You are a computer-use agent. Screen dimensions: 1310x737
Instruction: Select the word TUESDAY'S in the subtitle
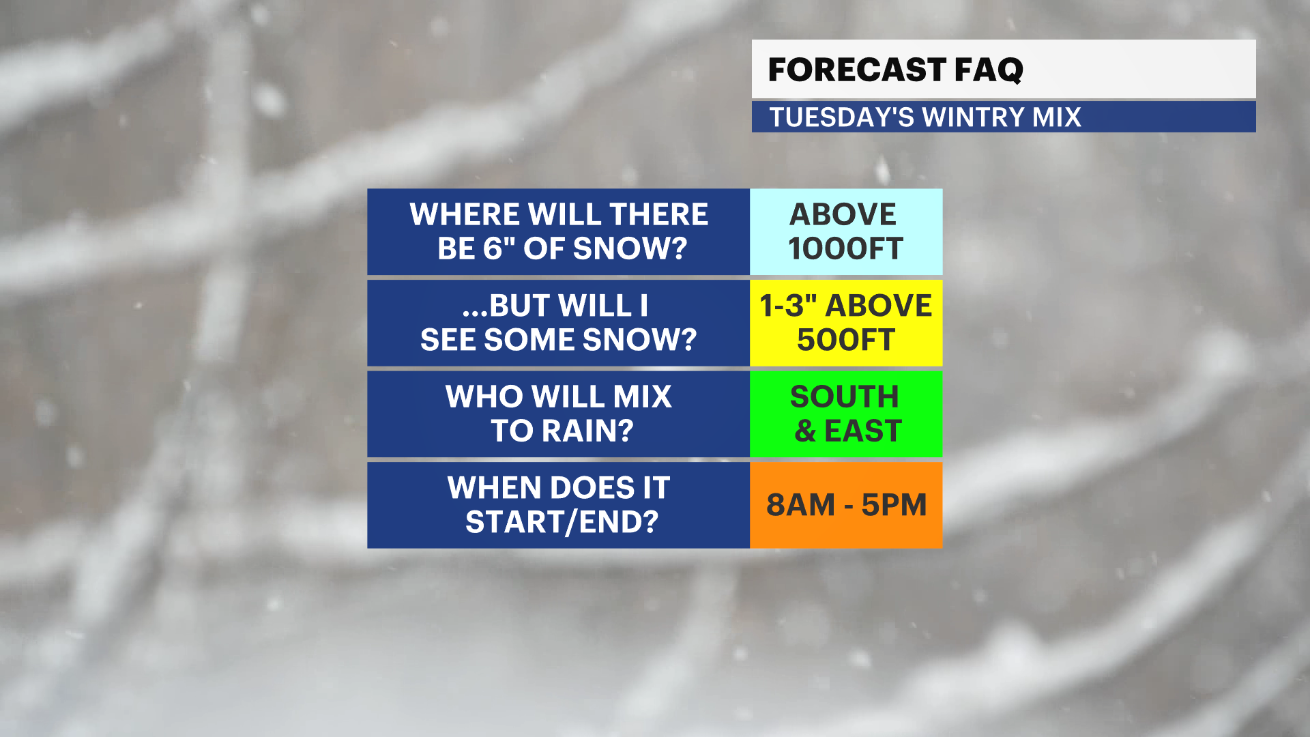click(841, 117)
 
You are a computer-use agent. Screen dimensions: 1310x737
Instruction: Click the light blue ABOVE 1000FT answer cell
click(846, 232)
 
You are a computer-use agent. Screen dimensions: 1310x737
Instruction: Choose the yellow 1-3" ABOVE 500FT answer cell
click(846, 323)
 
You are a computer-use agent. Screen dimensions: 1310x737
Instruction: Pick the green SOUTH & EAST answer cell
click(846, 414)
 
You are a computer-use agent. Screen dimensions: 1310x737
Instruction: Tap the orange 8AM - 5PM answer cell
click(846, 505)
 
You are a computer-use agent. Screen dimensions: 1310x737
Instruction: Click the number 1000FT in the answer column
click(846, 248)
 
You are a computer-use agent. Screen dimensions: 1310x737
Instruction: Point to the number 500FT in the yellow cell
click(846, 340)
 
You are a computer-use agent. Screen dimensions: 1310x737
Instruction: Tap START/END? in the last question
click(562, 522)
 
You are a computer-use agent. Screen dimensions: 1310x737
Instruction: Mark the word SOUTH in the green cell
click(845, 396)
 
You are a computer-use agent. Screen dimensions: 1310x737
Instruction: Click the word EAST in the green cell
click(863, 431)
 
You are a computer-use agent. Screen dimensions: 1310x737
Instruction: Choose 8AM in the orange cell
click(800, 505)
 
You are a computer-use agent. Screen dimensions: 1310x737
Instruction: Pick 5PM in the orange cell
click(894, 505)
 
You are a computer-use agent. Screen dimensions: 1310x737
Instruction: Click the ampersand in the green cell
click(806, 431)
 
